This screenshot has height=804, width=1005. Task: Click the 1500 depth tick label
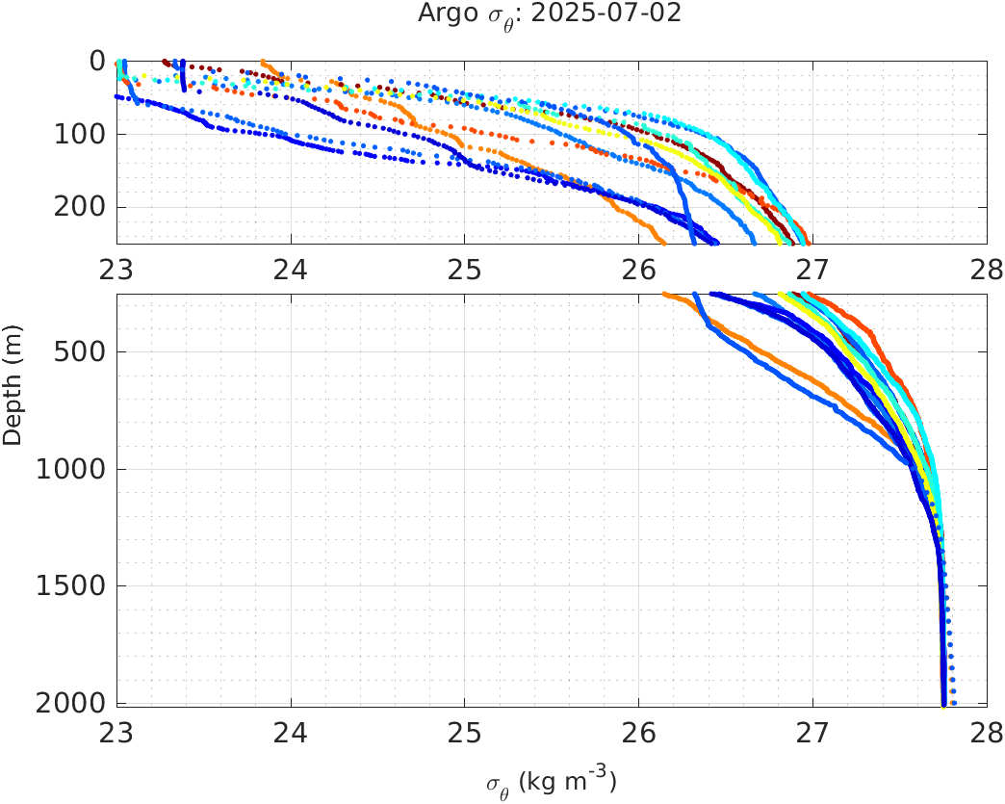coord(70,586)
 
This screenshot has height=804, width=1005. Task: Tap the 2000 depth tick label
coord(70,704)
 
